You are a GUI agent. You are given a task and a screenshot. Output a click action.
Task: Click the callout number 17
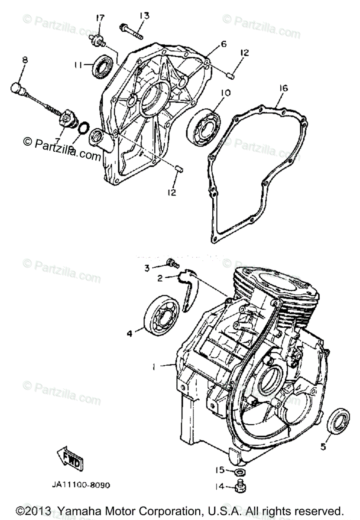coord(101,18)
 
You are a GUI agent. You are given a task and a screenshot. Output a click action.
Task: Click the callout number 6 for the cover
coord(223,44)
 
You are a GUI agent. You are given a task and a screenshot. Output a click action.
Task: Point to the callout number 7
coord(57,141)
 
